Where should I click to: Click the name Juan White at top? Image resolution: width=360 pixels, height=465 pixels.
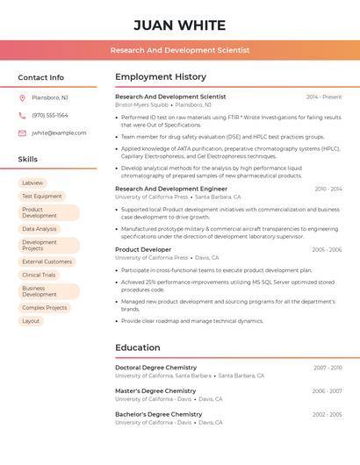[180, 25]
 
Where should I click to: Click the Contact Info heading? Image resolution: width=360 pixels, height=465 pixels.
[41, 77]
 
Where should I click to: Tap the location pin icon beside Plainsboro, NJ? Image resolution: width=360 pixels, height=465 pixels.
[22, 97]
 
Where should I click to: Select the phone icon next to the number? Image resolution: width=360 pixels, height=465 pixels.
[22, 115]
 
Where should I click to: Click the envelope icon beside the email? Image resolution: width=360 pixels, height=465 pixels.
[22, 132]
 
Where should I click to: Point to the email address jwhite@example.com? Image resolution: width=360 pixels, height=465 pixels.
[59, 132]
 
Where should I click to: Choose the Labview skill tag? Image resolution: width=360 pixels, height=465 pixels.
[32, 183]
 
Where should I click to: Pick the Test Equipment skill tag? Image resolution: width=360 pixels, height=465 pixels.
[42, 197]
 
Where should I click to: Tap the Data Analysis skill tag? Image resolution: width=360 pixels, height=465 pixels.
[40, 229]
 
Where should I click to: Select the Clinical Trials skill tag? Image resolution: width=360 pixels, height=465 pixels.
[39, 275]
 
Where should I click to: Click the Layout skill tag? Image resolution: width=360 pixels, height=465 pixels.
[31, 321]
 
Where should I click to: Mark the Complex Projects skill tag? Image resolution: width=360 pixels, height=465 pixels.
[45, 308]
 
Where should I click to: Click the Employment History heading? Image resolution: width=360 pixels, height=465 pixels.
[161, 77]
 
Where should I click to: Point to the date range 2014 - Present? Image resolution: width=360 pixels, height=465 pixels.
[324, 97]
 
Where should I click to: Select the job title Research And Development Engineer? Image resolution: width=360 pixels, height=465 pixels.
[171, 189]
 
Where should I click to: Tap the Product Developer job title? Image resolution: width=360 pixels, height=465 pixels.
[143, 249]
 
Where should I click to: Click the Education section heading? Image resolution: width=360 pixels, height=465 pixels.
[137, 347]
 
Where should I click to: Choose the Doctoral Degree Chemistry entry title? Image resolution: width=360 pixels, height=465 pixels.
[155, 368]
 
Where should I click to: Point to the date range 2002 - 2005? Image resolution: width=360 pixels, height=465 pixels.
[327, 414]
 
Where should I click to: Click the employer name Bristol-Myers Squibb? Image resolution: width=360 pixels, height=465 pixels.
[141, 104]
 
